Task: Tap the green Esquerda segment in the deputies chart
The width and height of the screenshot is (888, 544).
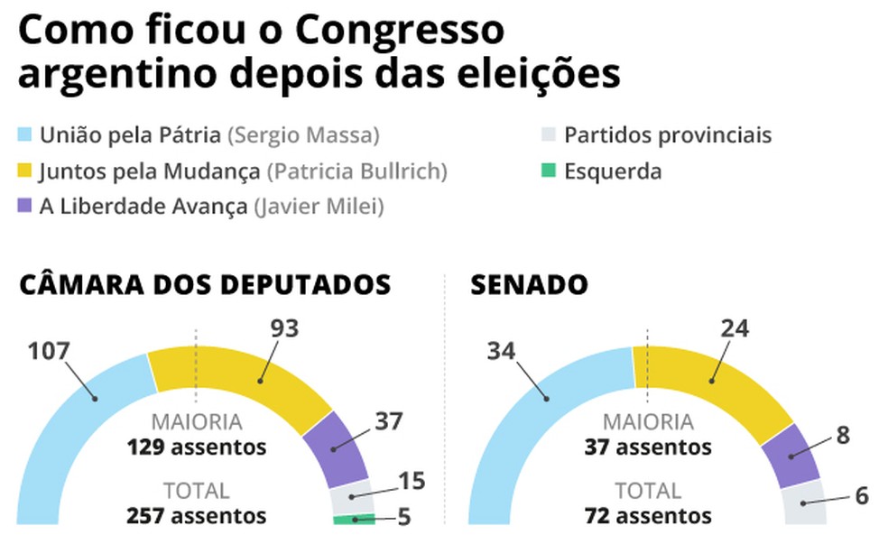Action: point(353,519)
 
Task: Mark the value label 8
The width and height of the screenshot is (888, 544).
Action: point(843,435)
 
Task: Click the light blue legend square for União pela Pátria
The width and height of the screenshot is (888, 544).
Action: point(25,137)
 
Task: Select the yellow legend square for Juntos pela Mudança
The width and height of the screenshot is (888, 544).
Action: point(25,171)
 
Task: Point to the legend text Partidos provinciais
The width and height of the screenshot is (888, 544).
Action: point(668,136)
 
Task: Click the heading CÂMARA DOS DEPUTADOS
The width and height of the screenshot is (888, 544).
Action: point(205,285)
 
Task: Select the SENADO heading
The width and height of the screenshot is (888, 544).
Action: point(529,285)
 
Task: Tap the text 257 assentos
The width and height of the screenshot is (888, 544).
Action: point(196,515)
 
